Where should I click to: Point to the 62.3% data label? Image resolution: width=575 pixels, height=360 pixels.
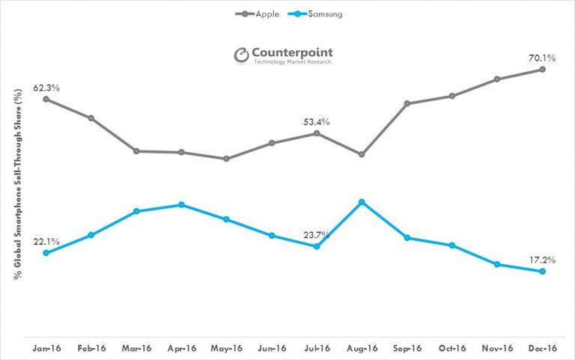[46, 88]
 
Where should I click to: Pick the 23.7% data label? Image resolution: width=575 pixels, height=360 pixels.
[314, 235]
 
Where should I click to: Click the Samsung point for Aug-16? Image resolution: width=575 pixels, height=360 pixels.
[362, 202]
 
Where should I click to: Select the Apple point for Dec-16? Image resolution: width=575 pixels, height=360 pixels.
[542, 70]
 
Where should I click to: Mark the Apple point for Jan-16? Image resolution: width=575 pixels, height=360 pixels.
[46, 99]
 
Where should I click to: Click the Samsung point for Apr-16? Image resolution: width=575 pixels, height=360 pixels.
[181, 204]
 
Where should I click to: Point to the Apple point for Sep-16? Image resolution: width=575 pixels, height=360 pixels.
[407, 103]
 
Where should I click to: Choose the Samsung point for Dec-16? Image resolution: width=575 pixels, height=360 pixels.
[542, 271]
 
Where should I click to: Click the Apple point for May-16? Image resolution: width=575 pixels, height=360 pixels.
[226, 159]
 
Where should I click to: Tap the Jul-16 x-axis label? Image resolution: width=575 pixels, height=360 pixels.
[317, 348]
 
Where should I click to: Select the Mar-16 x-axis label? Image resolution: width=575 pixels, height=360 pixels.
[136, 348]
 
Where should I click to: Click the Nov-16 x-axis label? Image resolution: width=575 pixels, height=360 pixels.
[497, 348]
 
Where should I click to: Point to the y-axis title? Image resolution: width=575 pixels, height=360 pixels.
[16, 183]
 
